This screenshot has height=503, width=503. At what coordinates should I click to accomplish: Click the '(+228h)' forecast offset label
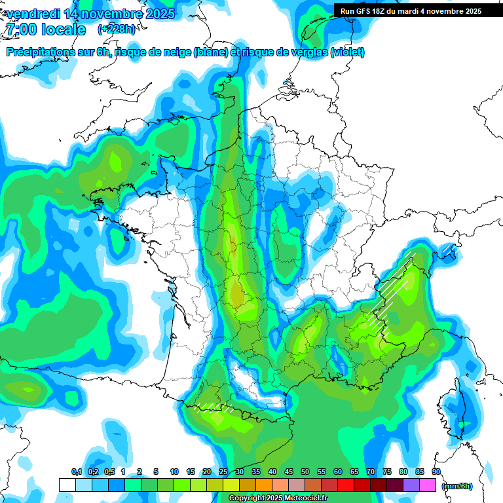tap(117, 29)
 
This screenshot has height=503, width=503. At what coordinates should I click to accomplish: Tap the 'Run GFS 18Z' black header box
tap(411, 11)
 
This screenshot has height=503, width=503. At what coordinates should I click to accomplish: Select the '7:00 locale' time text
tap(45, 30)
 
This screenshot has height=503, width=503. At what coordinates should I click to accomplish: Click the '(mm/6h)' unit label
tap(456, 486)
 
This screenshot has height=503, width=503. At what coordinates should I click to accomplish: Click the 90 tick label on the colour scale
tap(436, 472)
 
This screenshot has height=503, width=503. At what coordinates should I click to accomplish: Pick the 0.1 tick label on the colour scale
tap(76, 472)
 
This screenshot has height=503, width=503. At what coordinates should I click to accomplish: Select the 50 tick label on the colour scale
tap(305, 472)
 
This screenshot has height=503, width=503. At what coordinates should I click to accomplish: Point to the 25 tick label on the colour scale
tap(223, 472)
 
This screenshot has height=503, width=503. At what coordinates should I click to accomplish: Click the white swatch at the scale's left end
tap(67, 485)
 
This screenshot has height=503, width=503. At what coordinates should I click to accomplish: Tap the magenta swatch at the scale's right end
tap(428, 485)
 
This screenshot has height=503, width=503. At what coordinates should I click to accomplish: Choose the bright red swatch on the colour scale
tap(346, 485)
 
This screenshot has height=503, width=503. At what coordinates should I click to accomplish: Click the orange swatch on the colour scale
tap(264, 485)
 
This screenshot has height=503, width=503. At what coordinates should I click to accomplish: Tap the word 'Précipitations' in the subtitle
tap(42, 52)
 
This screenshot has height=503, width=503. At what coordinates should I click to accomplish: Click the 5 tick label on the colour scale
tap(157, 472)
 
